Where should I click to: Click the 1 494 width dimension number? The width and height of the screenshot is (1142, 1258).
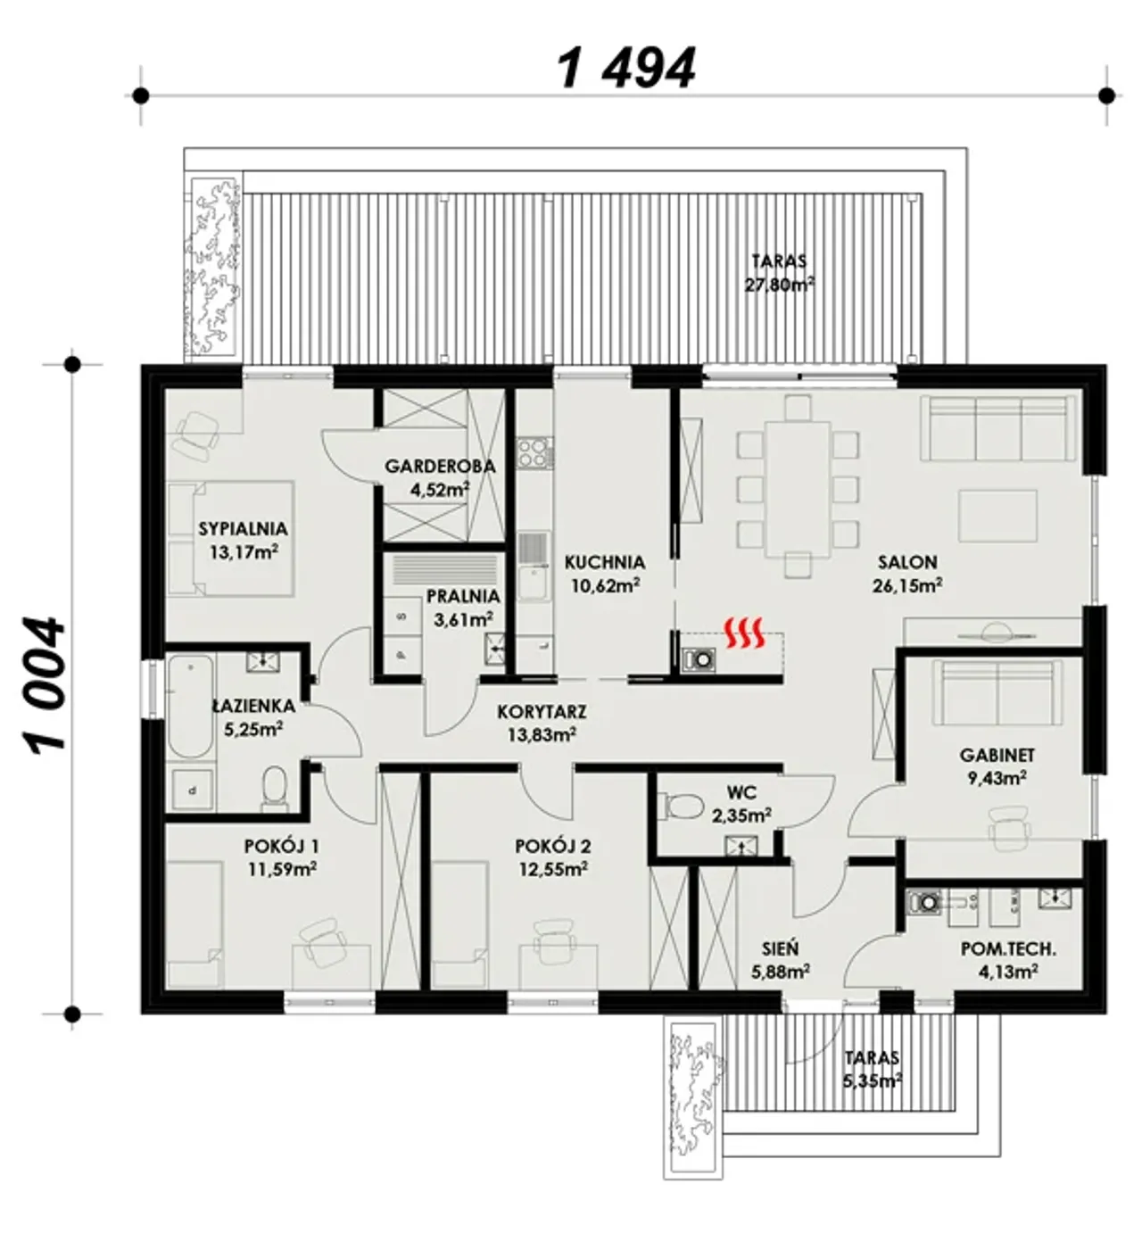click(x=625, y=68)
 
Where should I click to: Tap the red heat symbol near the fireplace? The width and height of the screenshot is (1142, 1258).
click(x=744, y=633)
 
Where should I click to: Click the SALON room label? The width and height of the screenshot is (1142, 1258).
click(x=906, y=562)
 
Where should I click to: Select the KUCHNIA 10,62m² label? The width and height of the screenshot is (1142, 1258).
click(x=605, y=574)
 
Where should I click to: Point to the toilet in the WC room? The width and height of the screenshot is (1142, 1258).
click(x=679, y=806)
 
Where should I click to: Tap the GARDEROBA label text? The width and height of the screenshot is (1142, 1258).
click(x=440, y=466)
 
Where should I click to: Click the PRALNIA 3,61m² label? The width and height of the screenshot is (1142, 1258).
click(x=463, y=608)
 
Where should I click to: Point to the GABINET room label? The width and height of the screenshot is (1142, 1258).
click(x=997, y=756)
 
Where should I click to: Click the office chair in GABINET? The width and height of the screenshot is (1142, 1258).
click(x=1009, y=828)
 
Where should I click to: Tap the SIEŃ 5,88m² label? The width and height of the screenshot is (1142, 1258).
click(x=780, y=960)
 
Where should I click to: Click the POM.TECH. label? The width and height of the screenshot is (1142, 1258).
click(x=1008, y=949)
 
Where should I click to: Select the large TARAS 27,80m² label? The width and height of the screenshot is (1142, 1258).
click(x=780, y=273)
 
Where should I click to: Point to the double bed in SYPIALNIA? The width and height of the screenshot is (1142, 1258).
click(x=231, y=537)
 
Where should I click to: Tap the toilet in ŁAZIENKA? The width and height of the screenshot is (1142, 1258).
click(x=274, y=784)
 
